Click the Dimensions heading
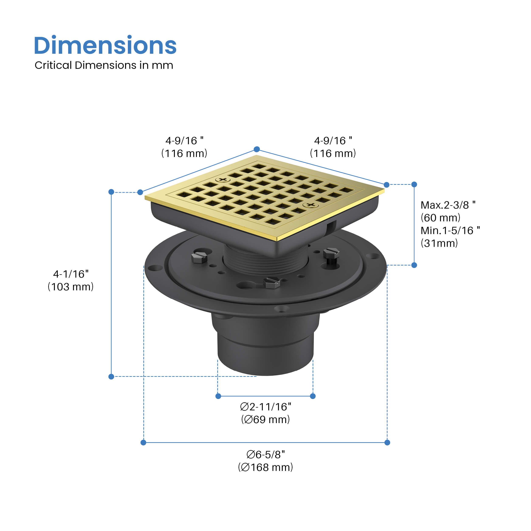coord(105,45)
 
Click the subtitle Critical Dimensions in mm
coord(104,65)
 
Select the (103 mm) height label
coord(71,287)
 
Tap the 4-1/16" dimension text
coord(71,274)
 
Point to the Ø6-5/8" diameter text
coord(265,455)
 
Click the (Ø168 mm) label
coord(265,467)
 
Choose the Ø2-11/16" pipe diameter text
coord(265,407)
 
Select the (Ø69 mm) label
coord(265,419)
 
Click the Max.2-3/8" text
coord(448,205)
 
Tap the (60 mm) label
coord(440,218)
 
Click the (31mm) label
coord(439,243)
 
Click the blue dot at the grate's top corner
coord(257,149)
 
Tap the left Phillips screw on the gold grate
coord(223,180)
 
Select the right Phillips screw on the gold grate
coord(311,205)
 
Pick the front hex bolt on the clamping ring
coord(271,282)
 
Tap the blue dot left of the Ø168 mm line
coord(143,442)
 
